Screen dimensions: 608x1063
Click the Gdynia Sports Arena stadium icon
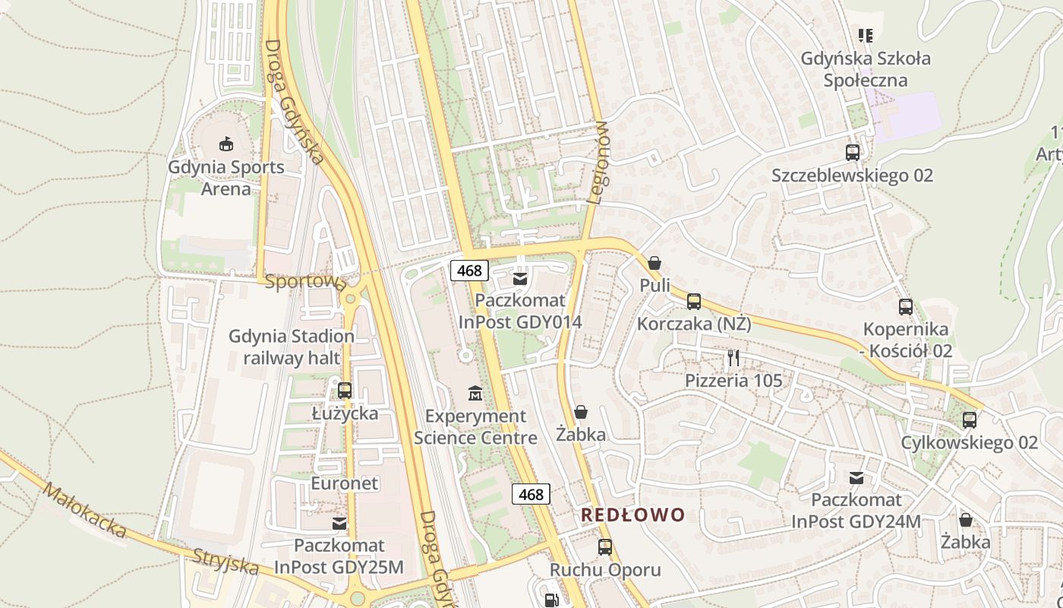226,144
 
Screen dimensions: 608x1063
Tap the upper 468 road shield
469,270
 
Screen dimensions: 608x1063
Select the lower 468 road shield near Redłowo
531,494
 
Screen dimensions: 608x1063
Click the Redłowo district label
632,515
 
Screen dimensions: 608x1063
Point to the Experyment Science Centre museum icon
475,393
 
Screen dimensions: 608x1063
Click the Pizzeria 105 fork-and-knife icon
733,357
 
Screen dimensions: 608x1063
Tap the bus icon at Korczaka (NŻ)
693,302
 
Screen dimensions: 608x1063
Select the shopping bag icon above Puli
655,263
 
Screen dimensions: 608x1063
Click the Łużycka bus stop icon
345,391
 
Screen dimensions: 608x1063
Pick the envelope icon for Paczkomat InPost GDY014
520,279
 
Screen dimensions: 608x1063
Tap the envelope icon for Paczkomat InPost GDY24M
856,478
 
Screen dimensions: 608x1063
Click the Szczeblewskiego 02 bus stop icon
852,153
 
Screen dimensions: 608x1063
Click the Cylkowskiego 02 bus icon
969,420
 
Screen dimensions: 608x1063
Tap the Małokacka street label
84,510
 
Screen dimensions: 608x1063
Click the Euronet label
344,483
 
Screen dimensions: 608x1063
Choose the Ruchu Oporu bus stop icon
605,546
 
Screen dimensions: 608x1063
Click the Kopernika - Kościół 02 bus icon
906,307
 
